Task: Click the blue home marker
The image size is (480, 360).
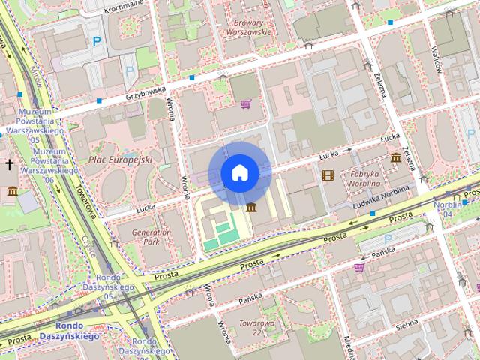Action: coord(239,172)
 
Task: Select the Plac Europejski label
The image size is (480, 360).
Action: coord(120,160)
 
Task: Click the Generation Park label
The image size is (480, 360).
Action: coord(151,237)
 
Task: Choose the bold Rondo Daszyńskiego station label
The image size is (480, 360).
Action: coord(77,331)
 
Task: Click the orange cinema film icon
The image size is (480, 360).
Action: coord(327,175)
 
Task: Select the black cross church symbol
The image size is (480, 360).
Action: coord(10,164)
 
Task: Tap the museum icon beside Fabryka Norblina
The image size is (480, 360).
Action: coord(395,157)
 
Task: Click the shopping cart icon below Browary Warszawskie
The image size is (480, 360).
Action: coord(246,103)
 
